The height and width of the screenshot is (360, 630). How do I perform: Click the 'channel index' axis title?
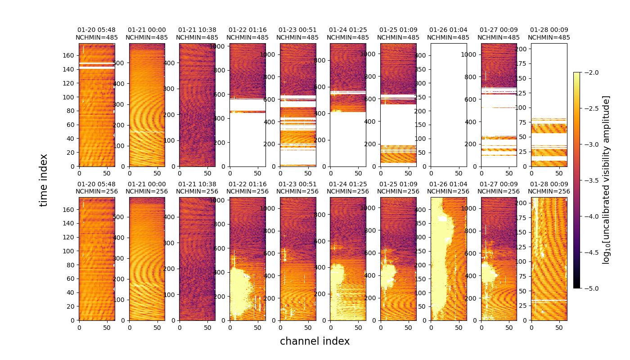315,342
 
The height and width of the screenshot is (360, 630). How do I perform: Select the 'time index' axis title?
44,180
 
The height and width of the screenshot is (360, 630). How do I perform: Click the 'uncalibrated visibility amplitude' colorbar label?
606,180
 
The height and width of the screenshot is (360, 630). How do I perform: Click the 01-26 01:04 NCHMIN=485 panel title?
448,34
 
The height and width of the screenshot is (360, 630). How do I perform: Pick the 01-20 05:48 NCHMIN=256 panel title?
96,188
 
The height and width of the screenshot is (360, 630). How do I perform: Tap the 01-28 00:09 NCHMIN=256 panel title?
549,188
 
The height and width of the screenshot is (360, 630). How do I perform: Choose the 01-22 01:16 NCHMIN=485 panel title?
247,34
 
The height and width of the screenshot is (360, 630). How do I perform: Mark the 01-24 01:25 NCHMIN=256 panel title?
347,188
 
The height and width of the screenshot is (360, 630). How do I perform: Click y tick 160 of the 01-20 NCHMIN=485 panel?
71,55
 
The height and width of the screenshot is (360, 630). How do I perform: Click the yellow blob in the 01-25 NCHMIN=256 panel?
388,275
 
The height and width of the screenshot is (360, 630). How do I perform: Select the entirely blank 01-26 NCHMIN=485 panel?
448,105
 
